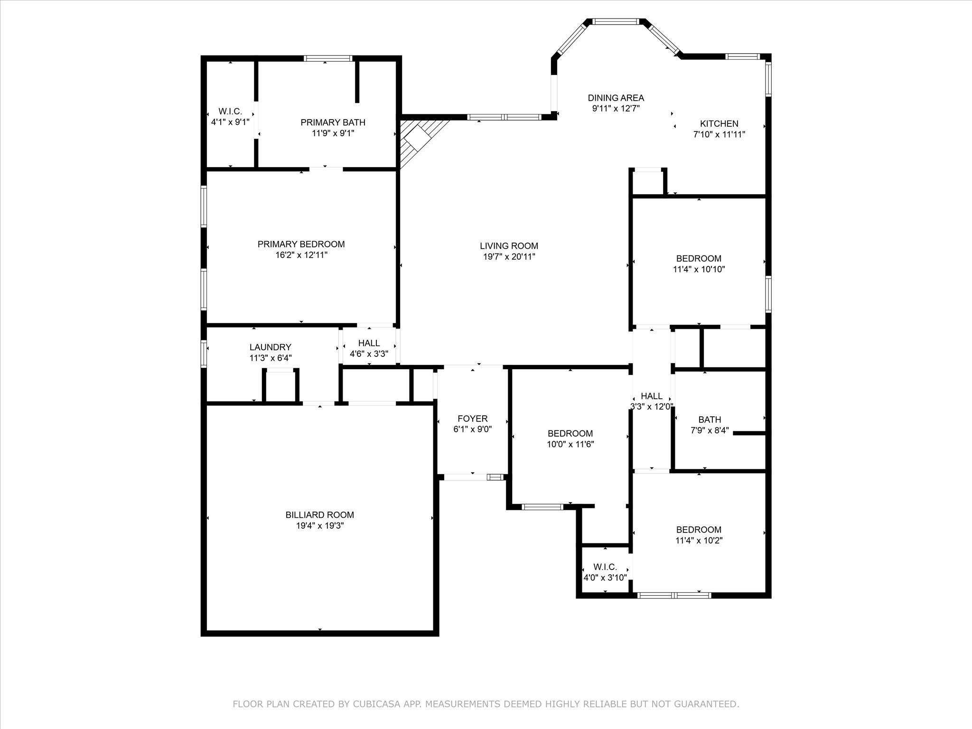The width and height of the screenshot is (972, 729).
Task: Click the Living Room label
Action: (x=509, y=246)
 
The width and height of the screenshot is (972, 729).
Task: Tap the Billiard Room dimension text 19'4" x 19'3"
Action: (x=320, y=526)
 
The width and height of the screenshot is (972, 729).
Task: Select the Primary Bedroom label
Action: (x=301, y=244)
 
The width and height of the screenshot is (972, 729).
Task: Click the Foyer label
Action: (x=473, y=419)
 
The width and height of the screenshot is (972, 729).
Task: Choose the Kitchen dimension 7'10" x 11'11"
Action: (x=720, y=134)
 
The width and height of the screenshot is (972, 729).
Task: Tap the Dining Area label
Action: (x=616, y=98)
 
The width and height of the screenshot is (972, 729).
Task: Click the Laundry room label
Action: (x=271, y=347)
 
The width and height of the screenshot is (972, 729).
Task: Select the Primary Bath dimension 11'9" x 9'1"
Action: (x=333, y=133)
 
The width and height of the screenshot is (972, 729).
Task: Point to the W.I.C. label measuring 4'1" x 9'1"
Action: (x=230, y=112)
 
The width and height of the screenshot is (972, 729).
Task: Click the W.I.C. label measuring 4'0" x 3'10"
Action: (x=605, y=567)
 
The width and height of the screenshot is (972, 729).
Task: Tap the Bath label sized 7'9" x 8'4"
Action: (x=710, y=420)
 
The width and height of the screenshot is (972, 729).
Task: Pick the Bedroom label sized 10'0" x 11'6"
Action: (x=570, y=433)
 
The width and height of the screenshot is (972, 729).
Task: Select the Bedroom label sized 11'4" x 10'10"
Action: (x=699, y=259)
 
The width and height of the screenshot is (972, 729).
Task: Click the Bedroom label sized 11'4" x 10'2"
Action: (x=699, y=530)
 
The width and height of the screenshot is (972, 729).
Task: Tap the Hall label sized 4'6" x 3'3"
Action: (x=369, y=343)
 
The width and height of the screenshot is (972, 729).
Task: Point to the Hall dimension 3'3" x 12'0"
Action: (x=652, y=406)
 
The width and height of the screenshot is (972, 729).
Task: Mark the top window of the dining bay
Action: (x=616, y=21)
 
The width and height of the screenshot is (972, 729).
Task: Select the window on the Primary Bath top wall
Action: (x=328, y=58)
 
